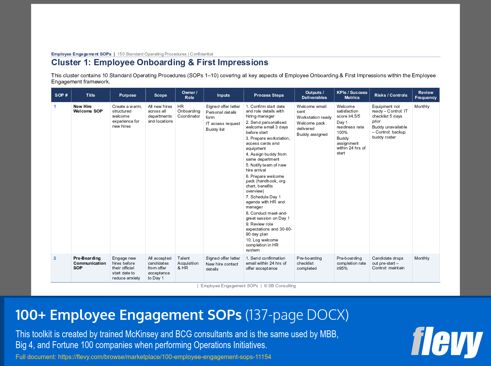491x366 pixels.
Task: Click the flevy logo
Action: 447,342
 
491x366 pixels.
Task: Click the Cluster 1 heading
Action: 160,62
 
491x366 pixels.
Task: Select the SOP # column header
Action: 61,95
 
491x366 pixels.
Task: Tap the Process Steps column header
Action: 269,95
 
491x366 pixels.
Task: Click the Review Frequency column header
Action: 425,95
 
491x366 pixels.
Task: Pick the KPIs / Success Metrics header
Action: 352,95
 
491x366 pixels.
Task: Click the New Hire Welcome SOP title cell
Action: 88,109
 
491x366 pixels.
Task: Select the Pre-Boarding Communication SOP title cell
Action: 89,263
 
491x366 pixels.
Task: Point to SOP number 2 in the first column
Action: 55,258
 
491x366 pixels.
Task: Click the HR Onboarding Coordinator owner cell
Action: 189,111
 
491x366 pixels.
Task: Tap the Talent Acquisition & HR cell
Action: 188,263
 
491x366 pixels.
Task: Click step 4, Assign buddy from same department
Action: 266,157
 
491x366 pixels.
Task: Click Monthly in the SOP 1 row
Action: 422,106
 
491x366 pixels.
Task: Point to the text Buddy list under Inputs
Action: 215,129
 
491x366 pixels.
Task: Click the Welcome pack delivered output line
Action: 311,126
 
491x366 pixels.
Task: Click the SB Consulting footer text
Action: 280,286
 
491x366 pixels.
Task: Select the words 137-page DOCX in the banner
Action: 297,316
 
